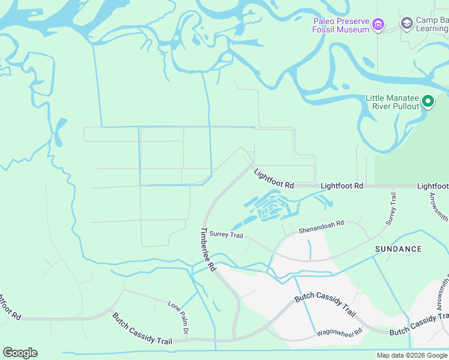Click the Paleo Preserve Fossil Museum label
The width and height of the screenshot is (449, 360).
click(340, 25)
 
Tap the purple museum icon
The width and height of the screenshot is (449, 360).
click(378, 25)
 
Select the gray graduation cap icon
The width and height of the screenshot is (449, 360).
click(407, 23)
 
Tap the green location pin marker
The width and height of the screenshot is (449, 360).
click(428, 101)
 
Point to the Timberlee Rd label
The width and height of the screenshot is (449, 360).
click(208, 250)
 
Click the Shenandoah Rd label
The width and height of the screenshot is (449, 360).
click(321, 227)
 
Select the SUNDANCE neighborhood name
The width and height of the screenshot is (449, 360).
click(398, 248)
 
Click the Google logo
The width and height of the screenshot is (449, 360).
click(20, 353)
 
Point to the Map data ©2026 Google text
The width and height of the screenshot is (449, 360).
click(412, 355)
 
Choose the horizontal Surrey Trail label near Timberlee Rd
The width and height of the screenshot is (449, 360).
click(226, 235)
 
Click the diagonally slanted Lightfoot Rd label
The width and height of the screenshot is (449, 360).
click(273, 179)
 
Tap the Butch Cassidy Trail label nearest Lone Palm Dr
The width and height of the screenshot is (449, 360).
click(142, 329)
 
